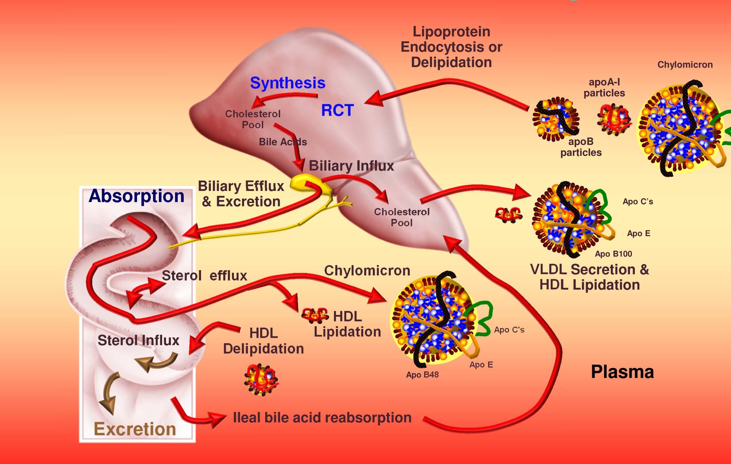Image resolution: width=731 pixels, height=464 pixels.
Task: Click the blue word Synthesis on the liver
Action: tap(288, 83)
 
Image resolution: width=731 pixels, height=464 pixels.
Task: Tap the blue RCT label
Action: tap(337, 110)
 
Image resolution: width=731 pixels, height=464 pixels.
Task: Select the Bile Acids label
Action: tap(283, 142)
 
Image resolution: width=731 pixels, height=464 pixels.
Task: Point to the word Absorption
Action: tap(136, 196)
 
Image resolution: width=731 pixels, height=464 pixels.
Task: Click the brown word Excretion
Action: tap(135, 429)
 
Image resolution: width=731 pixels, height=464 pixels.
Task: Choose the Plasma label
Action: tap(622, 372)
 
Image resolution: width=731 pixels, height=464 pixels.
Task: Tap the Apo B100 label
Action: tap(613, 254)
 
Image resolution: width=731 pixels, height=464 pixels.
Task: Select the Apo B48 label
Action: tap(422, 375)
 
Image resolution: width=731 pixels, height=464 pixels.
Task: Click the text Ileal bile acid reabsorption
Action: tap(322, 418)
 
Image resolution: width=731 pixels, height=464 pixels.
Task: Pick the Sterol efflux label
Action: tap(204, 276)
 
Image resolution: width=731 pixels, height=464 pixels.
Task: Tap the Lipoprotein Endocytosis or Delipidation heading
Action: tap(451, 47)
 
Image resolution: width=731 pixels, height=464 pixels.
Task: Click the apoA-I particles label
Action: tap(604, 88)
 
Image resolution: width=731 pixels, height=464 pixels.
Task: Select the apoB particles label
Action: tap(581, 147)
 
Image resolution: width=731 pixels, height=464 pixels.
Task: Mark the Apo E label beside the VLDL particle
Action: tap(638, 233)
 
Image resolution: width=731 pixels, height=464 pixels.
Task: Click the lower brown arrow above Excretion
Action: tap(109, 393)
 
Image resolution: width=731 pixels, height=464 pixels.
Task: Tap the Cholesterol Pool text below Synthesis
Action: tap(253, 119)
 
